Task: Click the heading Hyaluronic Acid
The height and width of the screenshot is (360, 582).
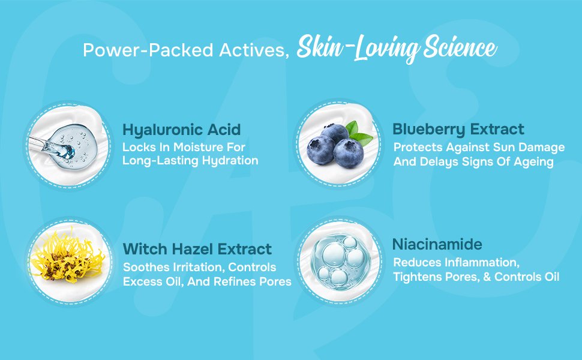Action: [182, 130]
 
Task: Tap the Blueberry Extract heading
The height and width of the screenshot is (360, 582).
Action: [458, 130]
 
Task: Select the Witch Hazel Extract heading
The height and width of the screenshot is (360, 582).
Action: [197, 249]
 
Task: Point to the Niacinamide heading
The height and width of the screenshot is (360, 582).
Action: [437, 244]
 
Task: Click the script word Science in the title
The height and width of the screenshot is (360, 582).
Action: [460, 47]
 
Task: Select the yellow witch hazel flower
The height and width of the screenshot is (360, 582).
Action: [67, 258]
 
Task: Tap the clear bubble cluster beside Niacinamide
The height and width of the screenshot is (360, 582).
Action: [341, 262]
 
